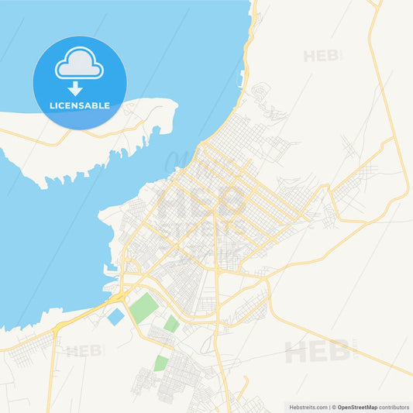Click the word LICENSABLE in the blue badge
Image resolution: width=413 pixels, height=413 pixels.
pos(80,104)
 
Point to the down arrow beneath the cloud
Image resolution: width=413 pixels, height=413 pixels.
pos(75,88)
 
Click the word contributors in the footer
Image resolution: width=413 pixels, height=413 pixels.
pos(394,407)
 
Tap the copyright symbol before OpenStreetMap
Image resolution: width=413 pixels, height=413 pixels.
pos(334,407)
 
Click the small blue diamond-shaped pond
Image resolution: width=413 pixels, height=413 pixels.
pos(115,316)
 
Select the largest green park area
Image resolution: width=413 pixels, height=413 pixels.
pos(144,308)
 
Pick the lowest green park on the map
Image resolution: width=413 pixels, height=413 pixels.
pos(160,363)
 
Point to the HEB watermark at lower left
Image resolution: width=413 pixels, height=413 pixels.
pos(84,351)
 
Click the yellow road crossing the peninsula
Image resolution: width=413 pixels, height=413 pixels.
pos(93,136)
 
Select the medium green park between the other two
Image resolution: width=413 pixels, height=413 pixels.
pos(171,323)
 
